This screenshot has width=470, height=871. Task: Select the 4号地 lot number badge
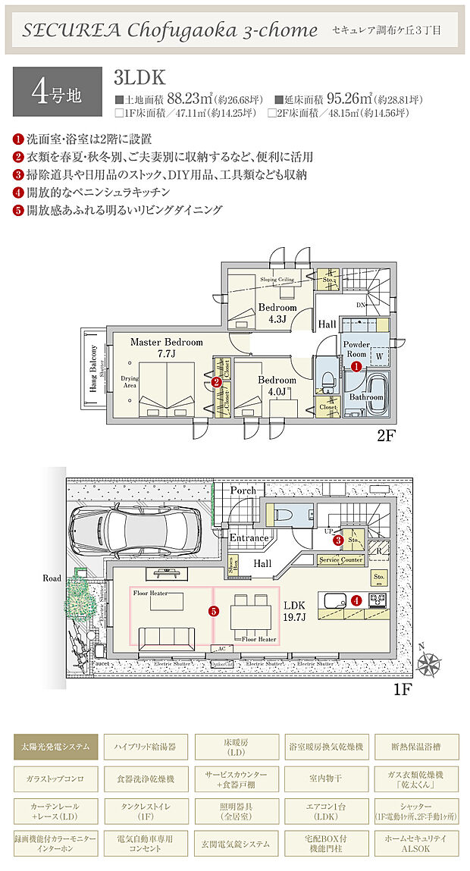57,91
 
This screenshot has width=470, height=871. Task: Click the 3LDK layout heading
139,77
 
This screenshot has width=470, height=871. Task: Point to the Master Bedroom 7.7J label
167,347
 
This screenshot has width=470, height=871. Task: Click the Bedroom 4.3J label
277,314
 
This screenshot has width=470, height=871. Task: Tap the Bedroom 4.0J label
276,385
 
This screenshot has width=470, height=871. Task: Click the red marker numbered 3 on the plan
339,540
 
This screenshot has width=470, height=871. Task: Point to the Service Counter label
340,559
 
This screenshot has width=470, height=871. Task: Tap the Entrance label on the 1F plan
249,538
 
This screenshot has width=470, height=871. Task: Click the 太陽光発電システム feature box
55,747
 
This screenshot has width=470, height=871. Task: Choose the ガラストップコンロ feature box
55,779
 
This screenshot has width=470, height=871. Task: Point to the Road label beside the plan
52,578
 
